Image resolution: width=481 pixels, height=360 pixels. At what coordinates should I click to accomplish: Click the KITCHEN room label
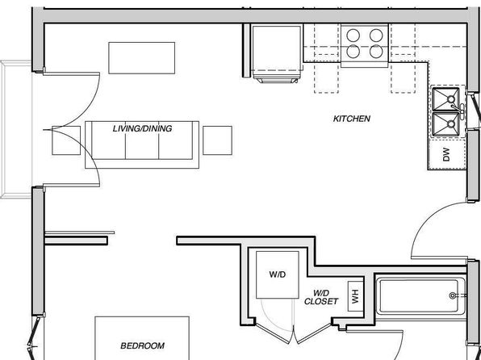pyautogui.click(x=352, y=119)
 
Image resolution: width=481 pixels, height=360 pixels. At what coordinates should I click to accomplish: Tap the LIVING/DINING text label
pyautogui.click(x=142, y=128)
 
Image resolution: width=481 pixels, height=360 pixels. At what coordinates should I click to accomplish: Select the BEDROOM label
pyautogui.click(x=142, y=346)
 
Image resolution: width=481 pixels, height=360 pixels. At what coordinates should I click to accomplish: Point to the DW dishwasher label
pyautogui.click(x=446, y=154)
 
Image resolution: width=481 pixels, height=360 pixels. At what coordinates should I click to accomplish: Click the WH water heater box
pyautogui.click(x=355, y=296)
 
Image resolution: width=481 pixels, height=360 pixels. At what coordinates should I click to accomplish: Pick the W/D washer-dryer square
pyautogui.click(x=278, y=274)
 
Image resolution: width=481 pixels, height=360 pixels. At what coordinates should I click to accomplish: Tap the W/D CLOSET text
pyautogui.click(x=321, y=297)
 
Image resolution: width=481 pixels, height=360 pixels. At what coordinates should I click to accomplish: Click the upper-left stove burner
pyautogui.click(x=353, y=35)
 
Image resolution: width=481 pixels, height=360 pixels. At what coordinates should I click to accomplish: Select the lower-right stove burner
pyautogui.click(x=376, y=52)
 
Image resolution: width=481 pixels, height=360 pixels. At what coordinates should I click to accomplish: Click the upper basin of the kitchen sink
pyautogui.click(x=445, y=99)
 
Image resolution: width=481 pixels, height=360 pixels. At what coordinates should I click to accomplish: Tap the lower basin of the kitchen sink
pyautogui.click(x=445, y=124)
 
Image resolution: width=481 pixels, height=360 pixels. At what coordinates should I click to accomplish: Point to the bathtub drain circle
pyautogui.click(x=452, y=295)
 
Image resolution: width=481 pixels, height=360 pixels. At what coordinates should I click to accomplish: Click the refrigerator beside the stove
pyautogui.click(x=277, y=52)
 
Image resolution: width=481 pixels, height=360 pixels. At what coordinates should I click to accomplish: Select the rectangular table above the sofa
pyautogui.click(x=142, y=58)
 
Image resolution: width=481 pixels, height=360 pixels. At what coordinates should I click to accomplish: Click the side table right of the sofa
pyautogui.click(x=217, y=140)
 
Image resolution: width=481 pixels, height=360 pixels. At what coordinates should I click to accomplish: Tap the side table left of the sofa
pyautogui.click(x=66, y=140)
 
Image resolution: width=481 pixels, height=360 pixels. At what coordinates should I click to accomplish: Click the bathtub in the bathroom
pyautogui.click(x=420, y=296)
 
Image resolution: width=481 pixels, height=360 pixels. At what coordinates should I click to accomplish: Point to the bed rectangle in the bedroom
pyautogui.click(x=142, y=338)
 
